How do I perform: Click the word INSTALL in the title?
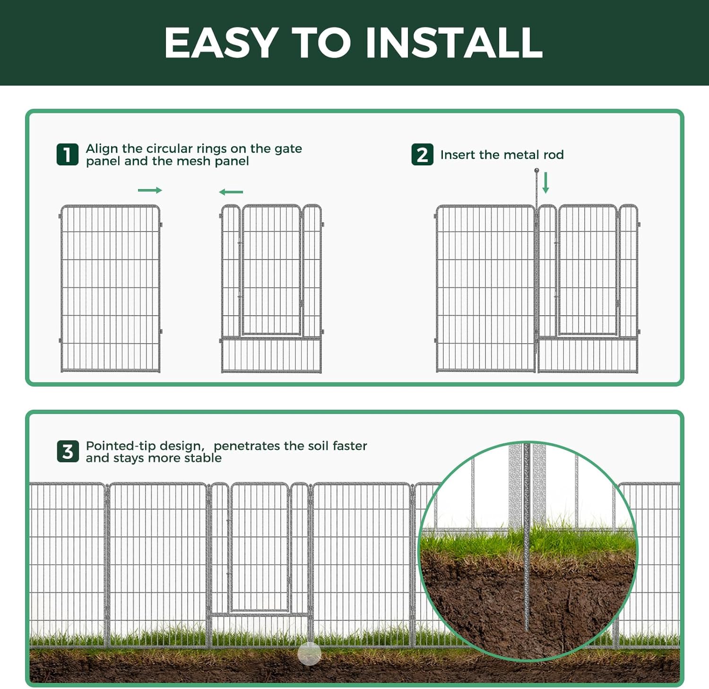click(x=454, y=43)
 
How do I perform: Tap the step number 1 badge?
click(x=68, y=155)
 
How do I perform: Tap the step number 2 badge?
click(x=422, y=155)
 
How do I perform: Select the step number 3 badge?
click(x=68, y=451)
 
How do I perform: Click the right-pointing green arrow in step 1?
click(x=150, y=190)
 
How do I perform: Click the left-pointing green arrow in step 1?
click(x=231, y=192)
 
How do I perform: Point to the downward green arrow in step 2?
click(x=546, y=183)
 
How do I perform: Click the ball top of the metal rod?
click(x=536, y=171)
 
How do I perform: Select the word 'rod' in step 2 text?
click(x=553, y=155)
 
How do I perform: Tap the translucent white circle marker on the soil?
click(x=310, y=654)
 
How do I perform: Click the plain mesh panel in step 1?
click(x=110, y=288)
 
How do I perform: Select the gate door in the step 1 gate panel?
click(x=271, y=270)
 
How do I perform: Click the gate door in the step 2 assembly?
click(x=588, y=270)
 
